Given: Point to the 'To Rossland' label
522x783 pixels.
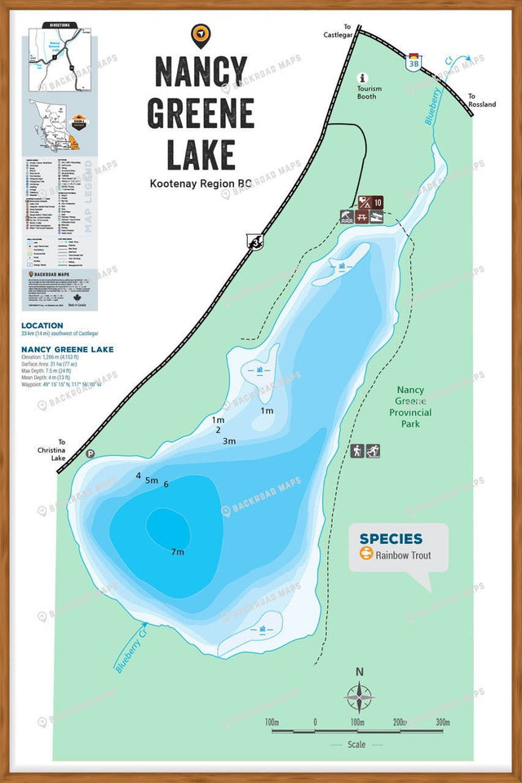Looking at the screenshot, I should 481,100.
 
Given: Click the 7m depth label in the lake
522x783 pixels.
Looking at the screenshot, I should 178,552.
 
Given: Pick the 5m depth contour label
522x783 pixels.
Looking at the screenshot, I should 152,480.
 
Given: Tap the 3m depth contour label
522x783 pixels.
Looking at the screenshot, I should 229,441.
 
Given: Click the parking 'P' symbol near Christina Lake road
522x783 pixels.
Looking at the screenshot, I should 91,454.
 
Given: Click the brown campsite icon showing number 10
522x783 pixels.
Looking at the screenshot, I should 378,202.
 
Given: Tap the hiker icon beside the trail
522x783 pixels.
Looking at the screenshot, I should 357,451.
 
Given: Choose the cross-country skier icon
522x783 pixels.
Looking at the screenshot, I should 373,451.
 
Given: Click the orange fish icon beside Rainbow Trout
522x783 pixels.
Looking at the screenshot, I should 366,555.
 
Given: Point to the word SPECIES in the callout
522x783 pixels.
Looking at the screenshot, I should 391,538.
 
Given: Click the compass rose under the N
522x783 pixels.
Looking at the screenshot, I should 359,699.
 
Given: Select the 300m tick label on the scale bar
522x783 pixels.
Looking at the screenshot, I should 443,723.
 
